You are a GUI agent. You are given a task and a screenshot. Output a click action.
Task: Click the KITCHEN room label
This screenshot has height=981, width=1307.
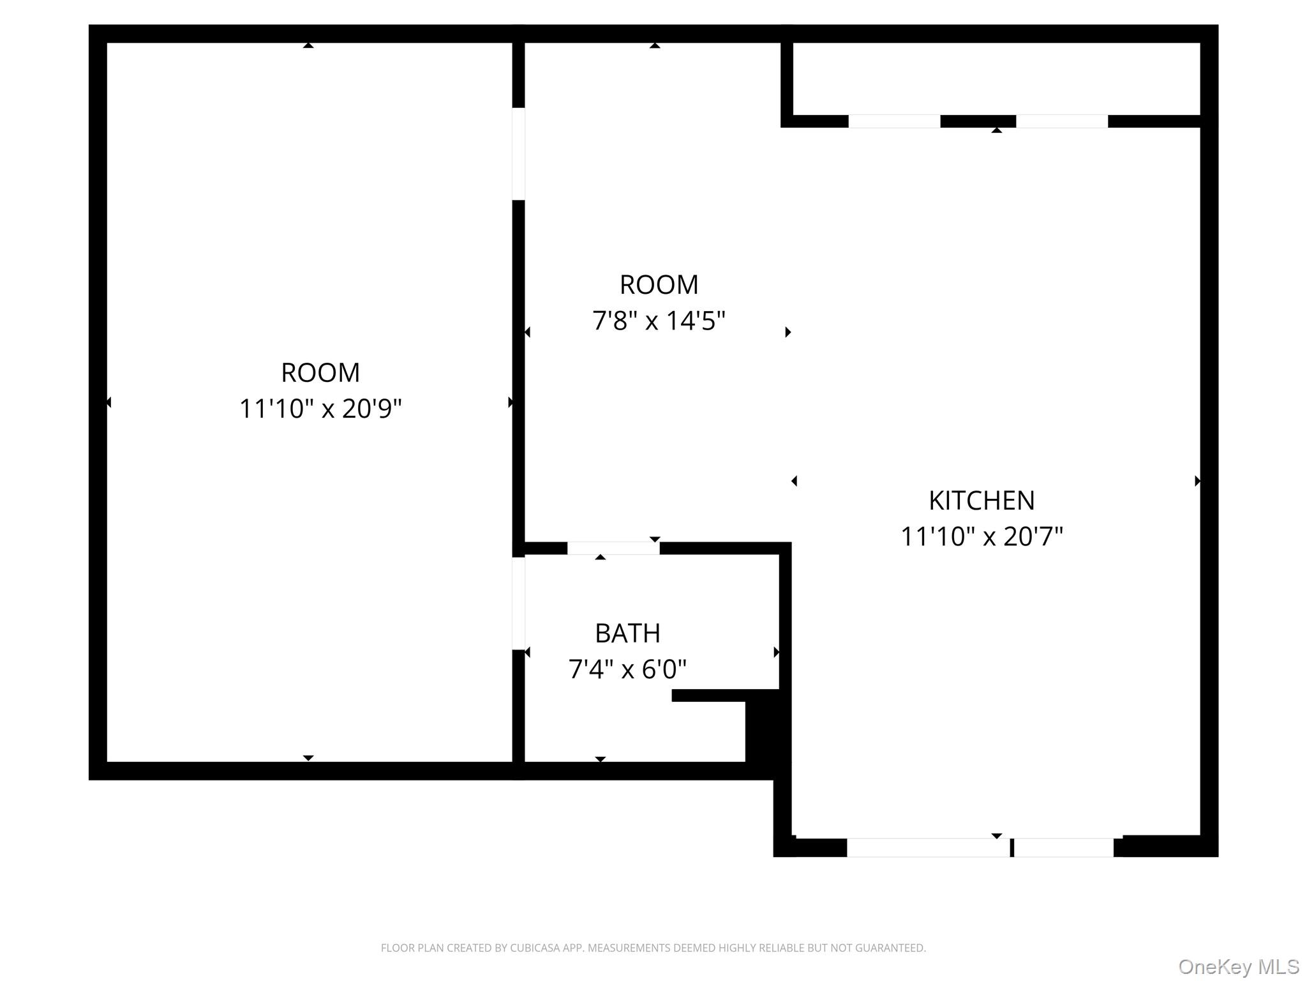click(x=981, y=500)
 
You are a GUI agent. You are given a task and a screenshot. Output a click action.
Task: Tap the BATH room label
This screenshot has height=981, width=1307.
click(x=627, y=633)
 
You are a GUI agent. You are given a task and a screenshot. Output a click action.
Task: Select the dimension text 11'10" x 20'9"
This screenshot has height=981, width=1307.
click(x=320, y=409)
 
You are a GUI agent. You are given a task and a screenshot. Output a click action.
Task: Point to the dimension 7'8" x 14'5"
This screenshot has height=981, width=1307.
click(x=659, y=321)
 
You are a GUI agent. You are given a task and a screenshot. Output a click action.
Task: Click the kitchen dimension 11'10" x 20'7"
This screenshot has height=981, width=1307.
click(x=981, y=536)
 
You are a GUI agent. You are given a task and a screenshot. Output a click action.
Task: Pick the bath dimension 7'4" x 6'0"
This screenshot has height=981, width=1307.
click(x=627, y=669)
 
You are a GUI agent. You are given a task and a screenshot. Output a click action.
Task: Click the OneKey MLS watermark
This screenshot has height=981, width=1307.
click(x=1238, y=967)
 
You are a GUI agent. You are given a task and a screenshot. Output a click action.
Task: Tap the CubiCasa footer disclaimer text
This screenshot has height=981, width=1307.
click(x=653, y=948)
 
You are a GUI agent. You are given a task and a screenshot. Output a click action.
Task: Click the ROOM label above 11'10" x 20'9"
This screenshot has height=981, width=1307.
click(x=320, y=372)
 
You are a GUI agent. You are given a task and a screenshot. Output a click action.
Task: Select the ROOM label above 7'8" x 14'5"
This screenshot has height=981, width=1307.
click(x=659, y=285)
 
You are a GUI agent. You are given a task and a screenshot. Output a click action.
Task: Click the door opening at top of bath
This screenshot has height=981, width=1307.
click(x=613, y=548)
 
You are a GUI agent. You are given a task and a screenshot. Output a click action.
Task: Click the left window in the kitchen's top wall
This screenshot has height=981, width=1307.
click(x=893, y=121)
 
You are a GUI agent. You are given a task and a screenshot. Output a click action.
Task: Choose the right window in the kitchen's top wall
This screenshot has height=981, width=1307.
click(x=1061, y=121)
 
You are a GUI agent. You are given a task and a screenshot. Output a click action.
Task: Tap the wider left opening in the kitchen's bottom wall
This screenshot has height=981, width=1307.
click(x=928, y=848)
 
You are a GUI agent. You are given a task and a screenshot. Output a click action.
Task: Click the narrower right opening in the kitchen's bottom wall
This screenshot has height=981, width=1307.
click(x=1063, y=848)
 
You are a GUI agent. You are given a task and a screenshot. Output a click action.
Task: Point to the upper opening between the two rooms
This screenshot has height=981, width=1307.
click(x=519, y=154)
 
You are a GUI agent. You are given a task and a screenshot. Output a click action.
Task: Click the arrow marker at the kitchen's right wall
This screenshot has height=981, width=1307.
click(x=1197, y=481)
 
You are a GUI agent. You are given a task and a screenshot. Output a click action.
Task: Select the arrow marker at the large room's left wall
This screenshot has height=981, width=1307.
click(x=108, y=402)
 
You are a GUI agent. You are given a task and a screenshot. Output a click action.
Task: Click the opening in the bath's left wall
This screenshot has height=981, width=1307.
click(x=519, y=604)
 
